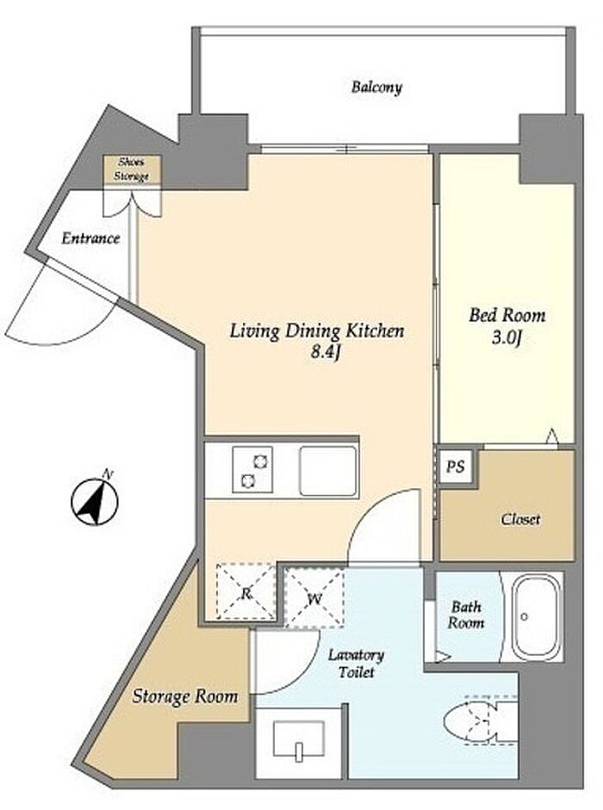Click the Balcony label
[x=376, y=87]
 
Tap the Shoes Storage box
[x=131, y=169]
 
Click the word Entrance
[x=90, y=238]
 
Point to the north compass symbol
[x=95, y=498]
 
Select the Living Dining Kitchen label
[x=316, y=331]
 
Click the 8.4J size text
[x=326, y=352]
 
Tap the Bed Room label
[x=507, y=315]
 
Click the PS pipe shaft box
[x=456, y=467]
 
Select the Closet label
[x=520, y=519]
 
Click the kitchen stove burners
[x=252, y=470]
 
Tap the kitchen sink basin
[x=328, y=470]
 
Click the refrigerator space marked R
[x=246, y=591]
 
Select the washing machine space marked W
[x=314, y=598]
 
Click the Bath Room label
[x=466, y=615]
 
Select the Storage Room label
[x=185, y=696]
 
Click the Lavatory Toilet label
[x=357, y=664]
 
